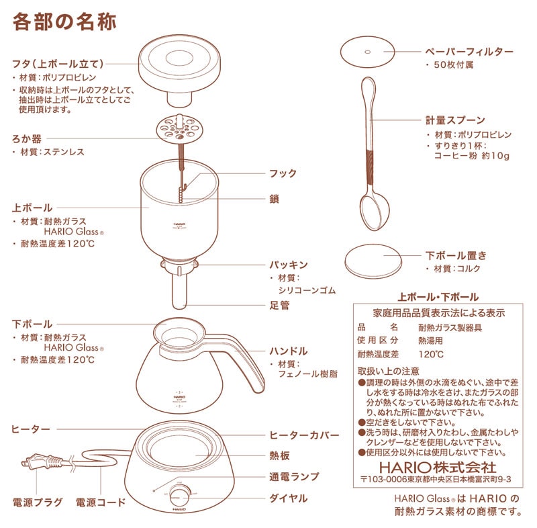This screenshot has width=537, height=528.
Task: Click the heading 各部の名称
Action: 64,21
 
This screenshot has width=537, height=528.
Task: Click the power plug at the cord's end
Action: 35,461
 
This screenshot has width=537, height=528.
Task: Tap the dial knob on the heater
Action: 179,496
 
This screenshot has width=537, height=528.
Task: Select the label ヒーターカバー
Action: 304,435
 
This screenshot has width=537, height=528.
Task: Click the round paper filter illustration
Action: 367,50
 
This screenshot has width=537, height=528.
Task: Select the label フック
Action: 283,173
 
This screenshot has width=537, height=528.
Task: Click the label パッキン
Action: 289,265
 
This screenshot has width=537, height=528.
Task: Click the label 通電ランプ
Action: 293,477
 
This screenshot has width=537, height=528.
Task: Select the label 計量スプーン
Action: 454,121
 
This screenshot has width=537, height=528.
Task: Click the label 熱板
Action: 279,456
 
